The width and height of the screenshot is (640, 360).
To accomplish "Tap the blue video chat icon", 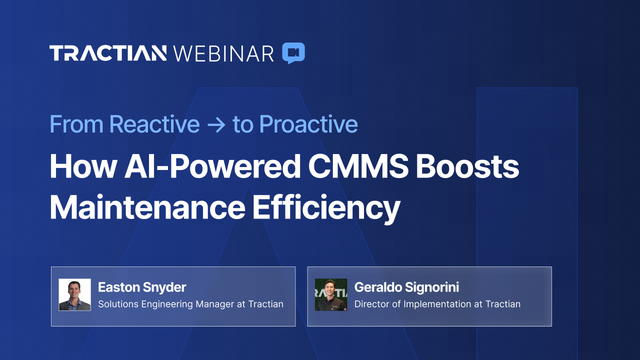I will [293, 52].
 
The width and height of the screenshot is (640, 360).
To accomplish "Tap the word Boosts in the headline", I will [470, 166].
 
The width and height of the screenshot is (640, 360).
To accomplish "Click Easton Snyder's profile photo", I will [75, 295].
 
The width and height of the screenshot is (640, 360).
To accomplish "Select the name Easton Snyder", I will [143, 286].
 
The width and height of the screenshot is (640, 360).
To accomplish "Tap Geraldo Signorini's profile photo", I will [331, 295].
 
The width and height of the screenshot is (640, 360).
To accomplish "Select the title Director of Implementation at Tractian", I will [438, 305].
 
